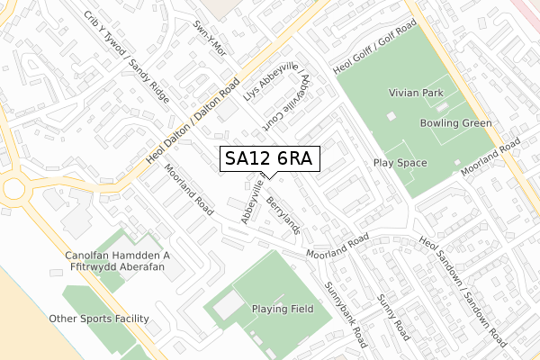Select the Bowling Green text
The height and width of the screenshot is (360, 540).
[x=455, y=122]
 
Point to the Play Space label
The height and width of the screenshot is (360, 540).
[x=400, y=163]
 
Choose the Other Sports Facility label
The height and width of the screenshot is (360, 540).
[x=100, y=319]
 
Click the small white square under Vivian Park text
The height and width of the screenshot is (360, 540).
[x=390, y=116]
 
